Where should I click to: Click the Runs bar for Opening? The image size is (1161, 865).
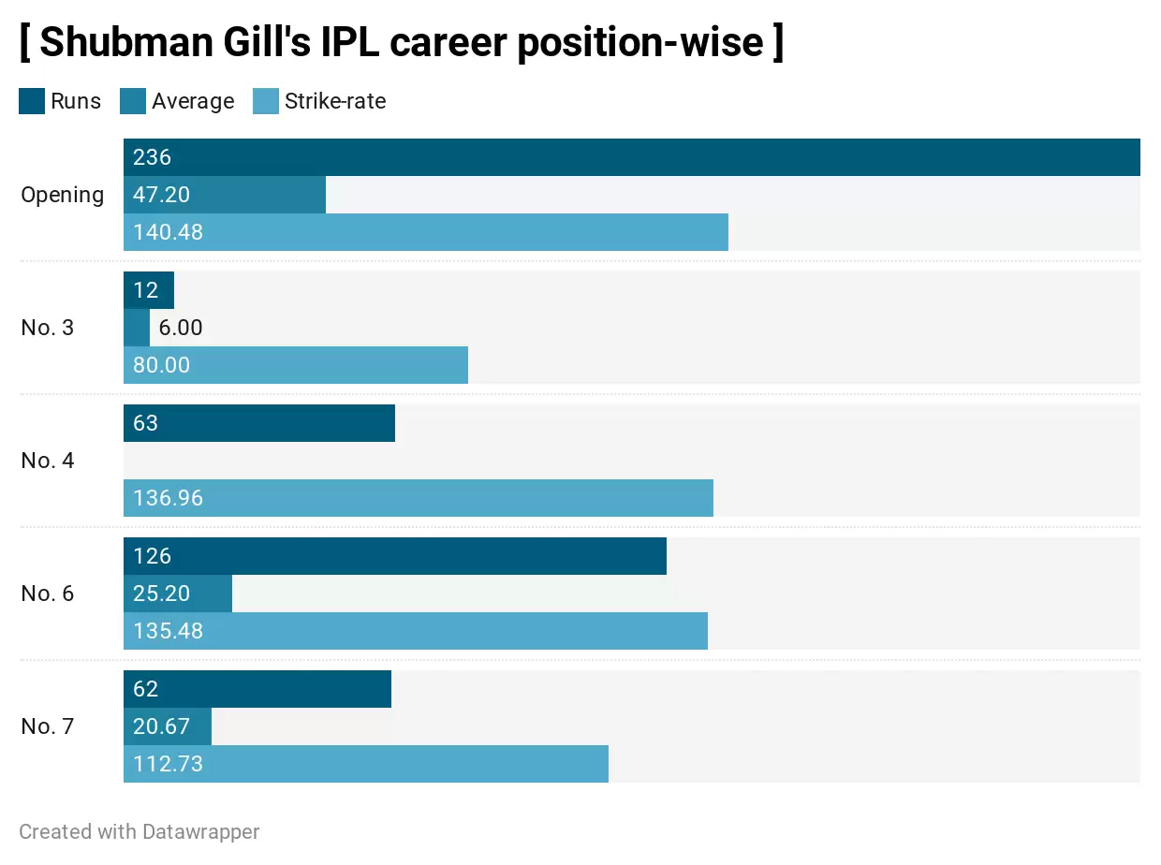click(631, 157)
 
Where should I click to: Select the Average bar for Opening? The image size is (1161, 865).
click(225, 195)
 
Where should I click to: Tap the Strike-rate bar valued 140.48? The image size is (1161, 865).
click(426, 232)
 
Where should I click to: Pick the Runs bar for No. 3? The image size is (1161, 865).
click(149, 290)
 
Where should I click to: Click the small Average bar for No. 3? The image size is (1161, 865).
click(137, 328)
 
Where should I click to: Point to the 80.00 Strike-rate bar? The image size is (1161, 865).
click(296, 365)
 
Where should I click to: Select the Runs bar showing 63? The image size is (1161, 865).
click(259, 423)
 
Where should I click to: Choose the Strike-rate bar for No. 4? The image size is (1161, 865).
click(419, 498)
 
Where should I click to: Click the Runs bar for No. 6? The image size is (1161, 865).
click(395, 556)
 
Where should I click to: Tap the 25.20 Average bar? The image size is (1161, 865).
click(178, 594)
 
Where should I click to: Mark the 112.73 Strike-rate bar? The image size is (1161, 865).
click(366, 764)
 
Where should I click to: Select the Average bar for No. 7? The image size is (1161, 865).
click(168, 726)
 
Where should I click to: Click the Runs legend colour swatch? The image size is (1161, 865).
click(32, 101)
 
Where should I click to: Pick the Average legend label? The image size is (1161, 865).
click(193, 101)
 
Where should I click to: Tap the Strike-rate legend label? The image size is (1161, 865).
click(335, 101)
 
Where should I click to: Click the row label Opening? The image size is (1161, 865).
click(63, 195)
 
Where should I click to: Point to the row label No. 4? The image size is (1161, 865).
click(47, 461)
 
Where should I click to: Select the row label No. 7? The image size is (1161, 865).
click(47, 726)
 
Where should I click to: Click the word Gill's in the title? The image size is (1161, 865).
click(325, 42)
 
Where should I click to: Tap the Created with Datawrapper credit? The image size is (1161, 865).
click(140, 831)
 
